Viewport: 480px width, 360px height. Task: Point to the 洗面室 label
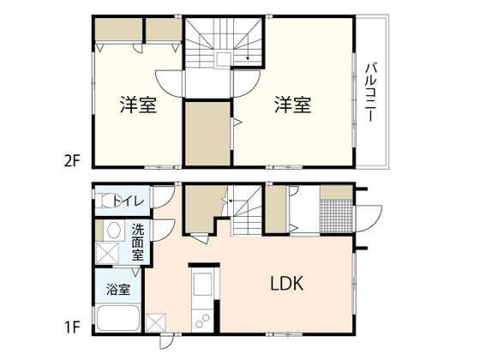tap(138, 243)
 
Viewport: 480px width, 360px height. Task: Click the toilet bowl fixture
tap(106, 202)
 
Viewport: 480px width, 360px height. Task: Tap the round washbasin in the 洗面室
tap(111, 230)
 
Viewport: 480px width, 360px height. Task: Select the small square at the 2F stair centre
tap(223, 59)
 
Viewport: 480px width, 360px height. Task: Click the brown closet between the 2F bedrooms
tap(207, 134)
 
